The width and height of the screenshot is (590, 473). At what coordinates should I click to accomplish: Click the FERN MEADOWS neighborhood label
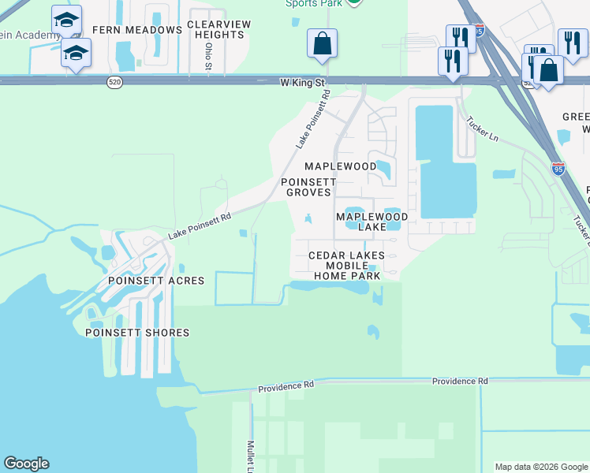pos(137,30)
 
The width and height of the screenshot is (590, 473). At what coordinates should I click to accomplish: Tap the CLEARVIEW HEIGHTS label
pos(218,30)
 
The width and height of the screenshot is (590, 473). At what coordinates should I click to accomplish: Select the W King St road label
pos(303,81)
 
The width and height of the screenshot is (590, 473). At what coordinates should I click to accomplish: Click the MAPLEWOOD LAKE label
pos(372,222)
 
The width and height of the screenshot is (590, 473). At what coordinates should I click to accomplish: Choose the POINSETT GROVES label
pos(309,187)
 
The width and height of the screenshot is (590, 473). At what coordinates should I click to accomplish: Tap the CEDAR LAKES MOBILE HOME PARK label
pos(347,266)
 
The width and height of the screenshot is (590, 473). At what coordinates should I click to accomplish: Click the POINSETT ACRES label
pos(156,281)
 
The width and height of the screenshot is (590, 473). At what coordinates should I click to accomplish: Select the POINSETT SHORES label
pos(137,333)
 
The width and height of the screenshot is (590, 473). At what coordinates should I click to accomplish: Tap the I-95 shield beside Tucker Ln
pos(558,168)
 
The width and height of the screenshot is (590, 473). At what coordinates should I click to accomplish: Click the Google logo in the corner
pos(26,464)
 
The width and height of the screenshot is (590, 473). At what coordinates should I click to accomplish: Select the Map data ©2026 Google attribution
pos(541,467)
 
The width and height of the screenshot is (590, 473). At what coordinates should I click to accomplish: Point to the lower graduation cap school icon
pos(76,53)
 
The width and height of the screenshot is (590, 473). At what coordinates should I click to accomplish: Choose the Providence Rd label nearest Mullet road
pos(286,386)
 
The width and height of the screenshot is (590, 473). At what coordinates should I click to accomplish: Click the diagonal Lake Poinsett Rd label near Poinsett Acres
pos(200,226)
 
